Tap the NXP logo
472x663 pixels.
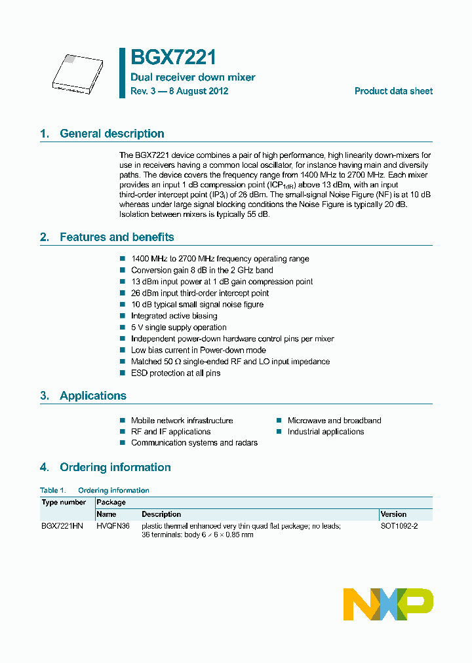coord(388,603)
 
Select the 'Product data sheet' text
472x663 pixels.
coord(393,91)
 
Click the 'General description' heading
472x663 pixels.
coord(111,134)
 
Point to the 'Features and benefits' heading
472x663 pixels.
coord(117,237)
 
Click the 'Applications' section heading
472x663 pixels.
coord(92,396)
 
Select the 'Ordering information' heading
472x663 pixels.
coord(115,467)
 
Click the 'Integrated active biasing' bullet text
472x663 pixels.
coord(174,316)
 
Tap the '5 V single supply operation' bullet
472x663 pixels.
coord(178,328)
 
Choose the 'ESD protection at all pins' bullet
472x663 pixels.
coord(176,373)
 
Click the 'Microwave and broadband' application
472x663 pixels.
coord(334,421)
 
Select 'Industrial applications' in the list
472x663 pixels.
coord(325,432)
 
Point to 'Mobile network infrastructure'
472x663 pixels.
coord(182,421)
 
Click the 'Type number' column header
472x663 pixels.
coord(64,502)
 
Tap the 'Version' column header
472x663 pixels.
coord(393,514)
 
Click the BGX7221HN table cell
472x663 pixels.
coord(62,526)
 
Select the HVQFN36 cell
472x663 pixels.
coord(113,526)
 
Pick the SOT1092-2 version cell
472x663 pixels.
coord(399,526)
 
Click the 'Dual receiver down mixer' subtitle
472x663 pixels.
coord(193,77)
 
